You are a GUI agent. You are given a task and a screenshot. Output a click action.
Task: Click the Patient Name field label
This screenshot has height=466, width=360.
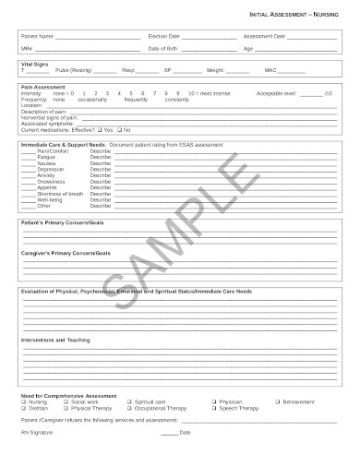(x=38, y=36)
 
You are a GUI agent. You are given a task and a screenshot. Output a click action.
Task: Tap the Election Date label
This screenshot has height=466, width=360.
(x=164, y=36)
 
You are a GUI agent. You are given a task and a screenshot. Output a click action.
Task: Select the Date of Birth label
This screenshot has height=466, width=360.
(x=163, y=48)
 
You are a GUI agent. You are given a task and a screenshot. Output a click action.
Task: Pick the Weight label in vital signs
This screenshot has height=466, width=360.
(x=214, y=70)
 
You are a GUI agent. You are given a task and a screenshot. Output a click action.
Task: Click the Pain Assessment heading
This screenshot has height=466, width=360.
(x=40, y=88)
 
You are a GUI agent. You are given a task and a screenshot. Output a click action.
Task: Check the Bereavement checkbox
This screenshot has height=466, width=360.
(x=274, y=402)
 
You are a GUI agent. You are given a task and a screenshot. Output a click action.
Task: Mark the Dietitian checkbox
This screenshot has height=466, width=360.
(x=24, y=408)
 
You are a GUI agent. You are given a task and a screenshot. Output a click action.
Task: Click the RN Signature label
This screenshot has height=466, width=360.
(x=37, y=432)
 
